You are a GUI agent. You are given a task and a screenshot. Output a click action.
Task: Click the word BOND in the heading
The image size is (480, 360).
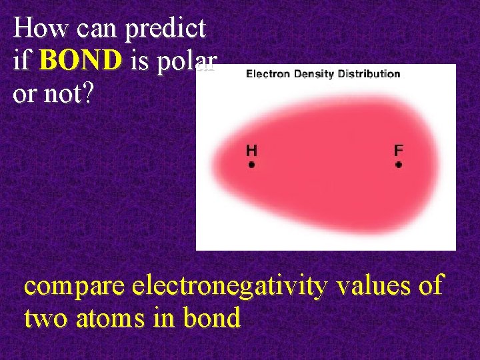[x=81, y=61]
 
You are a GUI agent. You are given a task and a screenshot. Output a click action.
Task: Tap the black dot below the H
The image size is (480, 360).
[x=251, y=164]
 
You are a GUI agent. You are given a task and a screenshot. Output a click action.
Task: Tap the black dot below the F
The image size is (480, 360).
[x=399, y=164]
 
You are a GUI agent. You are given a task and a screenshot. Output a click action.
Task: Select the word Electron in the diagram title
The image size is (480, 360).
[x=267, y=73]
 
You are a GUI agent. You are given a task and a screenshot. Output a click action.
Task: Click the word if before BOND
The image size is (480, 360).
[x=23, y=61]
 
